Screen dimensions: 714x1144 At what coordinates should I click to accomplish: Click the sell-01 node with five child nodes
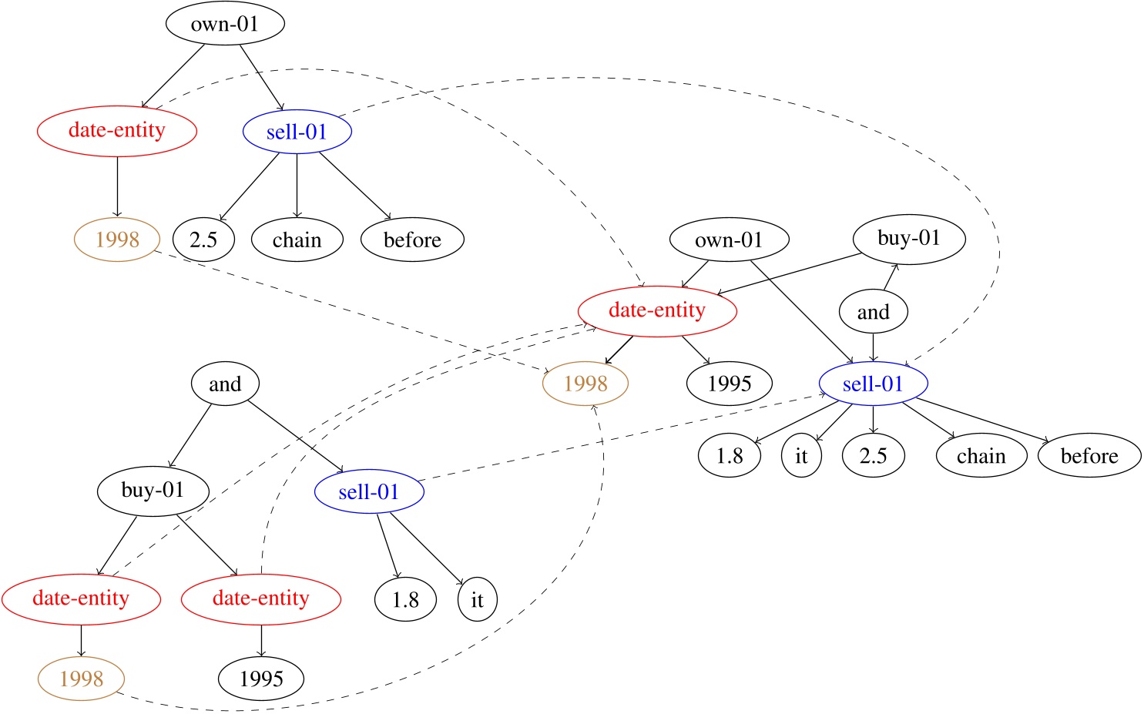click(873, 384)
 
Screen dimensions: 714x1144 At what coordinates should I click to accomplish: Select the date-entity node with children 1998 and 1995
click(657, 310)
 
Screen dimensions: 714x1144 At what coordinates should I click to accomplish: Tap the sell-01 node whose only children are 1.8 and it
click(369, 492)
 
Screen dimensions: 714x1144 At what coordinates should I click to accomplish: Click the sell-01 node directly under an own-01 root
click(297, 132)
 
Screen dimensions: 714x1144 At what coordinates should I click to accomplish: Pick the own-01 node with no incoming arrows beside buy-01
click(729, 240)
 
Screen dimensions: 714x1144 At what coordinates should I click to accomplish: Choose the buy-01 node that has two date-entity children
click(153, 491)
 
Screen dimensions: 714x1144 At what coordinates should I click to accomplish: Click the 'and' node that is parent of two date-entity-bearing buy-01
click(225, 384)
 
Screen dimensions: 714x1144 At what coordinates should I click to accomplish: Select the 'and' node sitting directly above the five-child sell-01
click(873, 312)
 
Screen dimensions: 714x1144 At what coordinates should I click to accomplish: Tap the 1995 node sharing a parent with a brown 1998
click(729, 384)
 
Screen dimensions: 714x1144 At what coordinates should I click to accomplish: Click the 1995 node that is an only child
click(261, 679)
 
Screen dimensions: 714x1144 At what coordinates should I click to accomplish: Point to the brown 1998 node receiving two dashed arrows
click(585, 384)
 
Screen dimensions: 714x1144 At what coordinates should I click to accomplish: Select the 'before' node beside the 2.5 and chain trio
click(412, 240)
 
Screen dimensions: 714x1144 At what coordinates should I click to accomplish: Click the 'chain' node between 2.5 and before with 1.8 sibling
click(981, 456)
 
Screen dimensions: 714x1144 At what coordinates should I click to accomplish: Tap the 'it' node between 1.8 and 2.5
click(801, 456)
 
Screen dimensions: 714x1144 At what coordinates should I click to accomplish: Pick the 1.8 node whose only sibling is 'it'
click(405, 600)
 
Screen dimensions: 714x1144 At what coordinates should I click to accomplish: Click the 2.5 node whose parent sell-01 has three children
click(203, 240)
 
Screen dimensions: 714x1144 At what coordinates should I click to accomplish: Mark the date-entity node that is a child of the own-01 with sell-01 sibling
click(117, 130)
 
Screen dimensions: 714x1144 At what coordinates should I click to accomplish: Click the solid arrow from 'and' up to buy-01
click(890, 279)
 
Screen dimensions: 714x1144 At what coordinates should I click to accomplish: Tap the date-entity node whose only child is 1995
click(260, 598)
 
